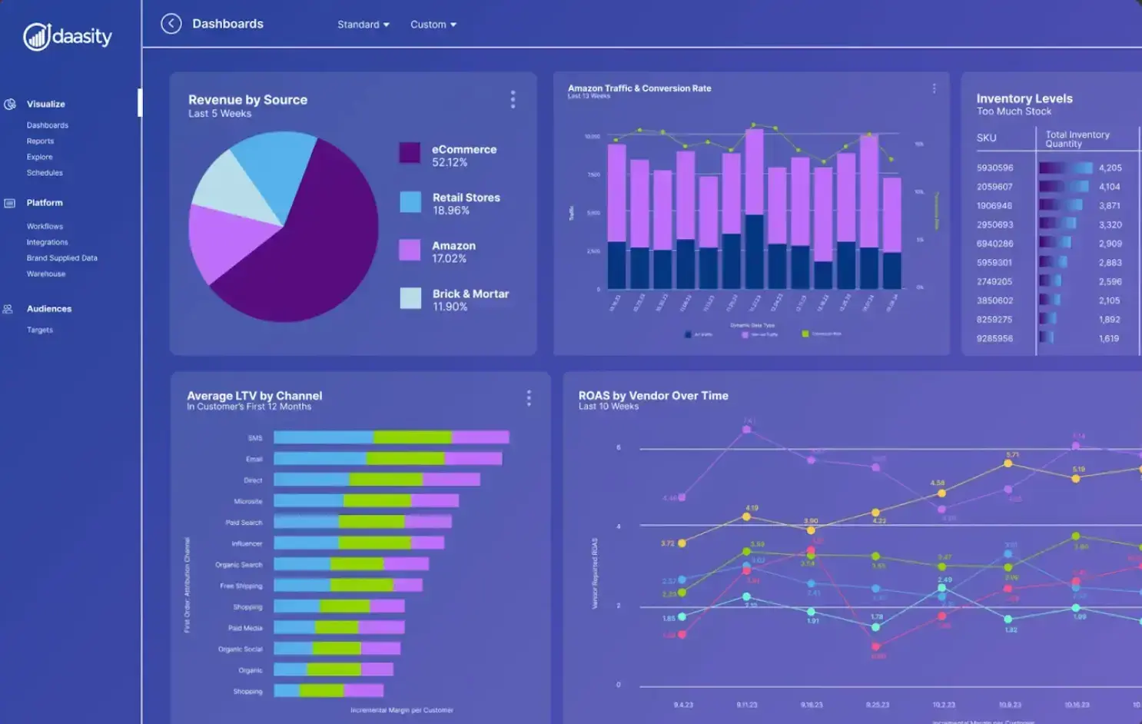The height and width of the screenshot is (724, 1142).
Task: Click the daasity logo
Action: point(68,36)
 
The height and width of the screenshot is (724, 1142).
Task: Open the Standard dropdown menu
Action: point(363,25)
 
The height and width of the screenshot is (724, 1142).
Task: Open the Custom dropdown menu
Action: point(433,25)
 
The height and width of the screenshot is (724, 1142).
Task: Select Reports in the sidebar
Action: point(40,141)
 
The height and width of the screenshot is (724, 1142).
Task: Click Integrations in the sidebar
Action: point(47,242)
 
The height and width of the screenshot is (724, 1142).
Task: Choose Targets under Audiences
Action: point(40,330)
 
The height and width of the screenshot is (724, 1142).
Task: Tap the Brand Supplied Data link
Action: point(61,258)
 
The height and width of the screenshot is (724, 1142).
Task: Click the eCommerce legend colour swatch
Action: point(410,153)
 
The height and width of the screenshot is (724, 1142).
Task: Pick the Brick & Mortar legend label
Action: point(470,294)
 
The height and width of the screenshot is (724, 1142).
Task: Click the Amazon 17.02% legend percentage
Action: point(449,259)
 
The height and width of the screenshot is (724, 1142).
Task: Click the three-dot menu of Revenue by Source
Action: point(513,99)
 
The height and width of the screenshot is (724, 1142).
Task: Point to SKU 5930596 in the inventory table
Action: point(994,168)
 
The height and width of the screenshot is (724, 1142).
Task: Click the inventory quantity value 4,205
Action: point(1110,168)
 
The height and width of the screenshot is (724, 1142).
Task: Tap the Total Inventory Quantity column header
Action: point(1077,139)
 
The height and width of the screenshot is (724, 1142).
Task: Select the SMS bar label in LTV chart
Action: point(255,438)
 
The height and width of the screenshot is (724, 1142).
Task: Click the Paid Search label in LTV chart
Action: point(244,523)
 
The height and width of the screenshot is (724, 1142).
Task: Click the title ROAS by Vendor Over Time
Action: point(653,396)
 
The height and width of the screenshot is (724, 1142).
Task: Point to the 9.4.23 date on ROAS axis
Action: point(683,705)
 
